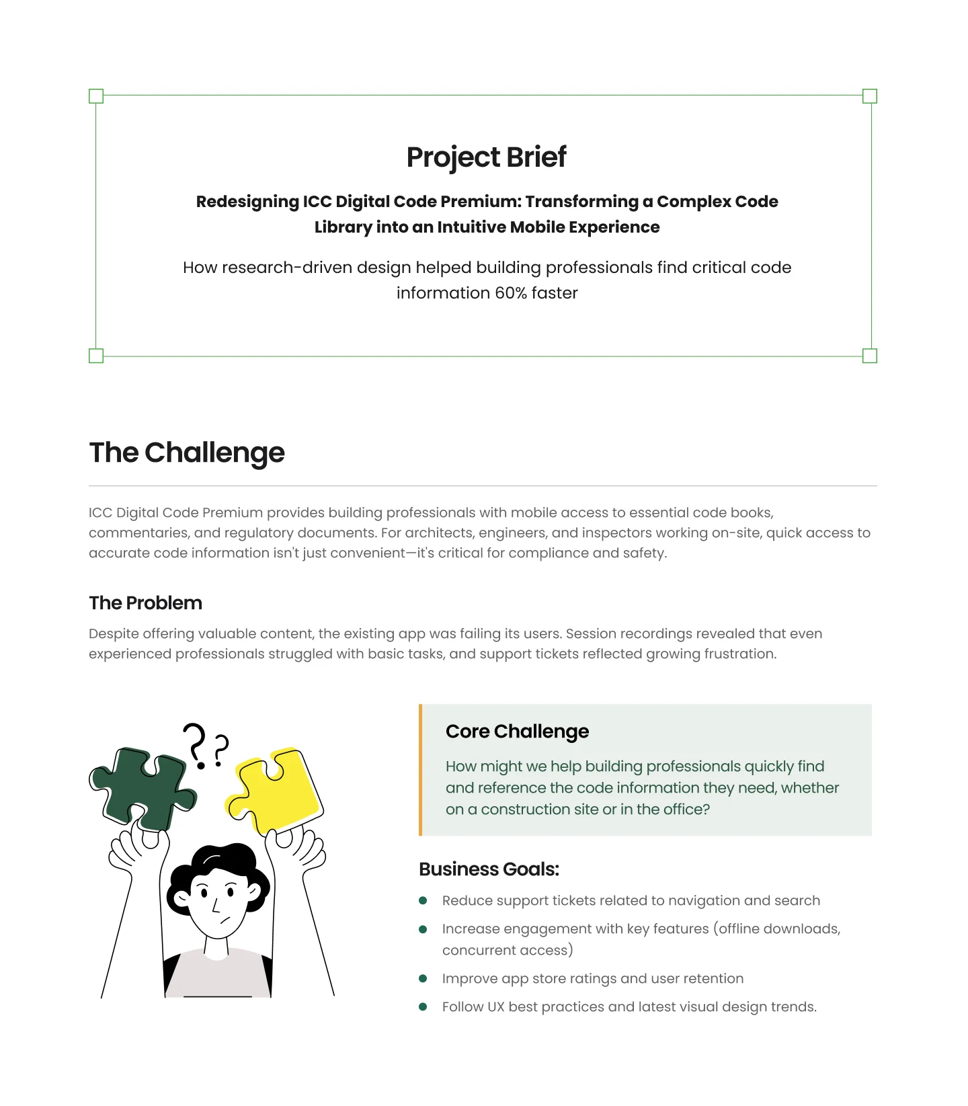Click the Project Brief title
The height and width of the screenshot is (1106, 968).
[x=486, y=157]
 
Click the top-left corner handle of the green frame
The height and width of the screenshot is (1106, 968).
[x=96, y=96]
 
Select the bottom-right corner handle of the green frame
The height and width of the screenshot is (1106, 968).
[x=869, y=356]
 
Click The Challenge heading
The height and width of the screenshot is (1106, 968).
[x=187, y=452]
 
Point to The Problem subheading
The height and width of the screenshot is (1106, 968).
[x=145, y=602]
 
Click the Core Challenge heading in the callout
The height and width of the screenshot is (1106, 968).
[x=517, y=732]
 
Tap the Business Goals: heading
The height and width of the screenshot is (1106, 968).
[x=489, y=869]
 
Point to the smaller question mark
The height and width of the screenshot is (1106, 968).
[x=220, y=750]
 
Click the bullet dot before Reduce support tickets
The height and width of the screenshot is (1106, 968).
[x=423, y=900]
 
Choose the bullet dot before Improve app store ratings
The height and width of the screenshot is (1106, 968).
[x=423, y=978]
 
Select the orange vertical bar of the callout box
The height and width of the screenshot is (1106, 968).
[x=421, y=770]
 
